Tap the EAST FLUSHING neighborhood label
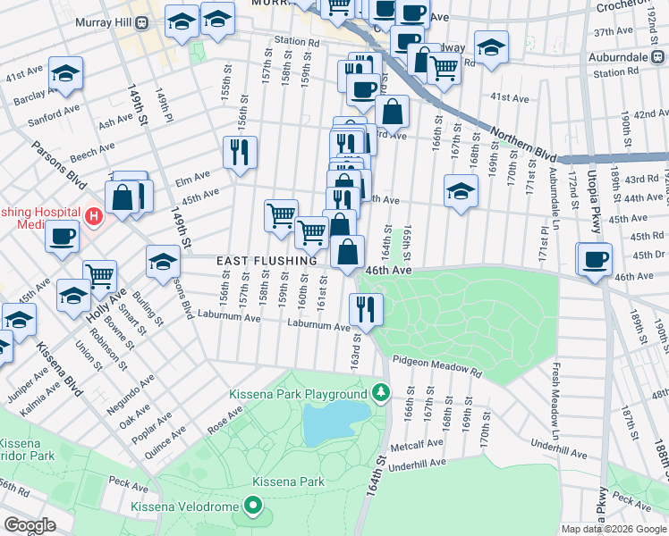pyautogui.click(x=267, y=260)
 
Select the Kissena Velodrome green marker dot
pyautogui.click(x=253, y=508)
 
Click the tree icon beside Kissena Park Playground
pyautogui.click(x=381, y=393)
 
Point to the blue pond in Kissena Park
pyautogui.click(x=334, y=421)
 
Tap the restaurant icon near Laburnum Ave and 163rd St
pyautogui.click(x=367, y=308)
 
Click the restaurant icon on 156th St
pyautogui.click(x=240, y=152)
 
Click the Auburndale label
pyautogui.click(x=639, y=56)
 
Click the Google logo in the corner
pyautogui.click(x=30, y=524)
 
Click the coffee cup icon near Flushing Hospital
pyautogui.click(x=62, y=236)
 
